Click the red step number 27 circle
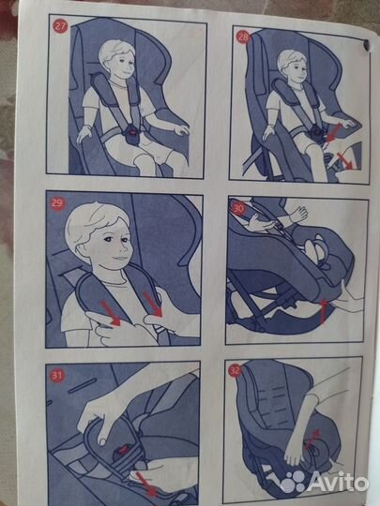(60, 27)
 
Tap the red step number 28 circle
(243, 37)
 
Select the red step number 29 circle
(58, 204)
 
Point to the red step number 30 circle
(239, 209)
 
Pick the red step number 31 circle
(57, 376)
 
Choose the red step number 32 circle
(235, 370)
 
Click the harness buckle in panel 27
(133, 133)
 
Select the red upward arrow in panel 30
(323, 311)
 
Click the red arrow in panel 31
(145, 484)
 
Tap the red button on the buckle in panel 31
(124, 449)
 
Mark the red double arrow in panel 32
(312, 439)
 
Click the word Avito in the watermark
(337, 483)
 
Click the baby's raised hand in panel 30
(297, 215)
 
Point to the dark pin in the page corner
(366, 45)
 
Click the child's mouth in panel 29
(120, 259)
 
